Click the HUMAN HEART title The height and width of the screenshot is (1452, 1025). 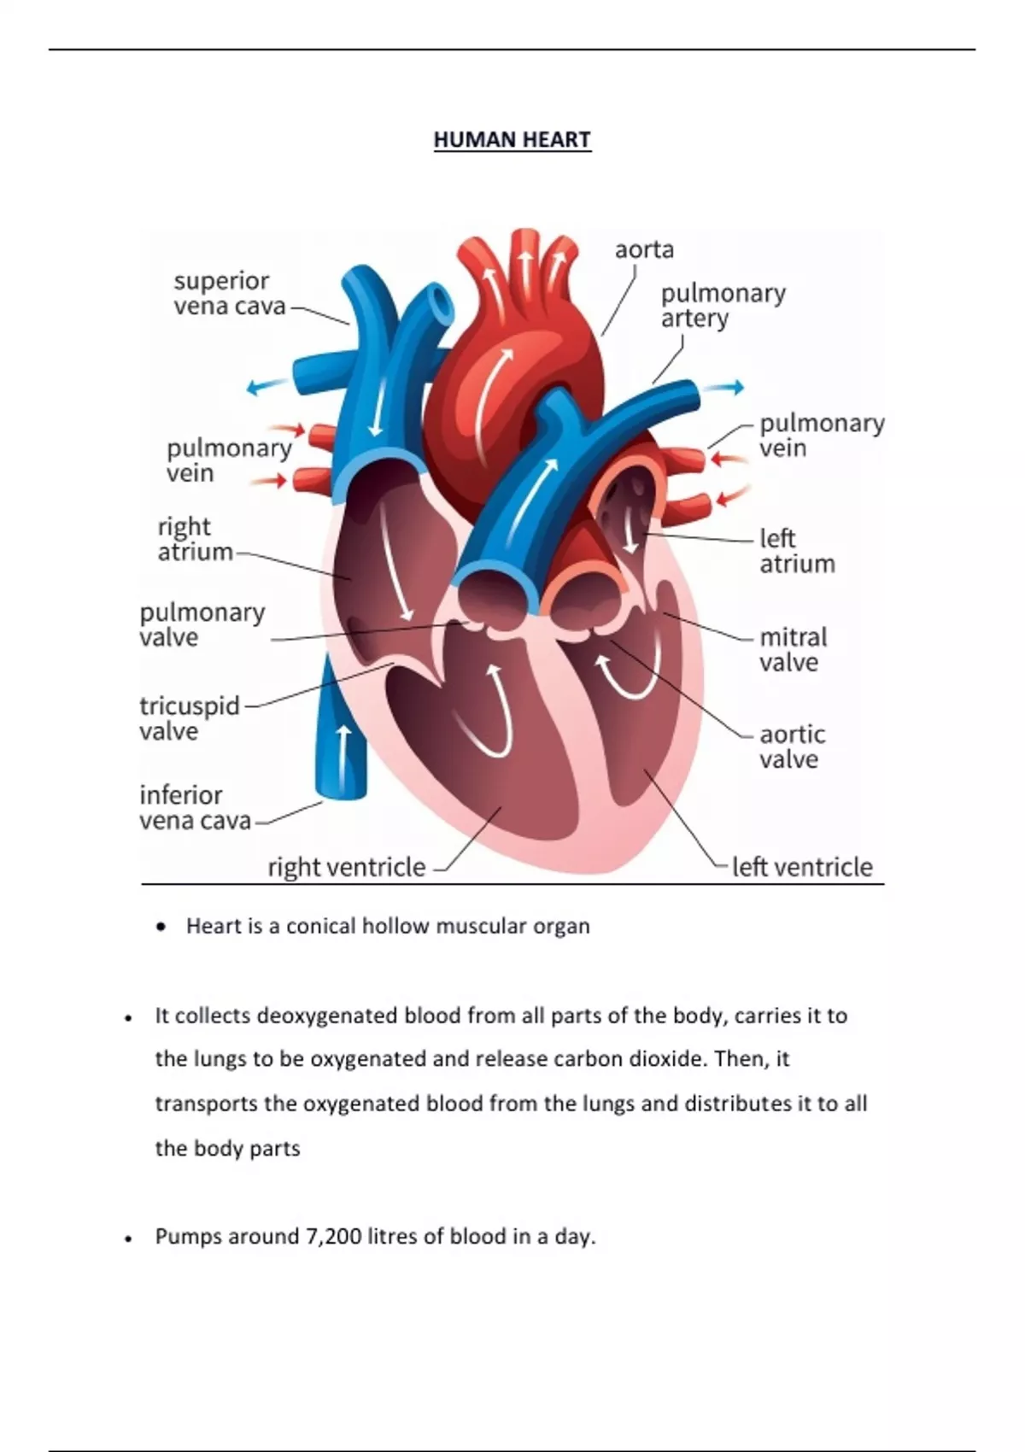click(x=512, y=139)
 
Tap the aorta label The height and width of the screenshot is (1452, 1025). click(x=644, y=249)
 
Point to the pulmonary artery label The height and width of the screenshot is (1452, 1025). click(x=723, y=305)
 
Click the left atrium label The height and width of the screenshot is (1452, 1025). click(x=797, y=551)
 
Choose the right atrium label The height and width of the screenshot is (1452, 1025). click(x=195, y=539)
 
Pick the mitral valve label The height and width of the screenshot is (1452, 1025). click(x=793, y=649)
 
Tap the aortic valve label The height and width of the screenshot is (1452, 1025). click(x=792, y=746)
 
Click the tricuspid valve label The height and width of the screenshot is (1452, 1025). click(x=189, y=718)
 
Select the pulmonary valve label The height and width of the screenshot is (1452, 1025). click(x=202, y=624)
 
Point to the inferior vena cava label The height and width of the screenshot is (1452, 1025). click(x=195, y=807)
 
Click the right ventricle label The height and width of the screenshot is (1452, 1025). click(x=346, y=867)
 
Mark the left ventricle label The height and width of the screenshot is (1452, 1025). click(x=802, y=867)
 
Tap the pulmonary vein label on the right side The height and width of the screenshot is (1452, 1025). click(x=821, y=435)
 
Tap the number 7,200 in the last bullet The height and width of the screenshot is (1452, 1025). click(x=333, y=1236)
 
